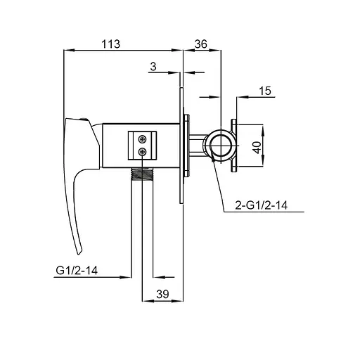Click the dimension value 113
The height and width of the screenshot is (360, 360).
[110, 44]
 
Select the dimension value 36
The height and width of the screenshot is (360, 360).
[201, 44]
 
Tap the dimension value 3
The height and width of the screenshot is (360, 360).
[153, 67]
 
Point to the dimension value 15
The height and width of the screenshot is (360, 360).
[265, 91]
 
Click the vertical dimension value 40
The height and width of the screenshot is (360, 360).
[257, 147]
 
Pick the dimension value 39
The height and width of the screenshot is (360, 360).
[162, 294]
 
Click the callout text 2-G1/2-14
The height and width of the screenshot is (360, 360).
[262, 205]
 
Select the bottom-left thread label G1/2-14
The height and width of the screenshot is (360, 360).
[77, 271]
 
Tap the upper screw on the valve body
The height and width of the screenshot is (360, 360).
[142, 139]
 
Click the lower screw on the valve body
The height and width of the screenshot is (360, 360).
[142, 152]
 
